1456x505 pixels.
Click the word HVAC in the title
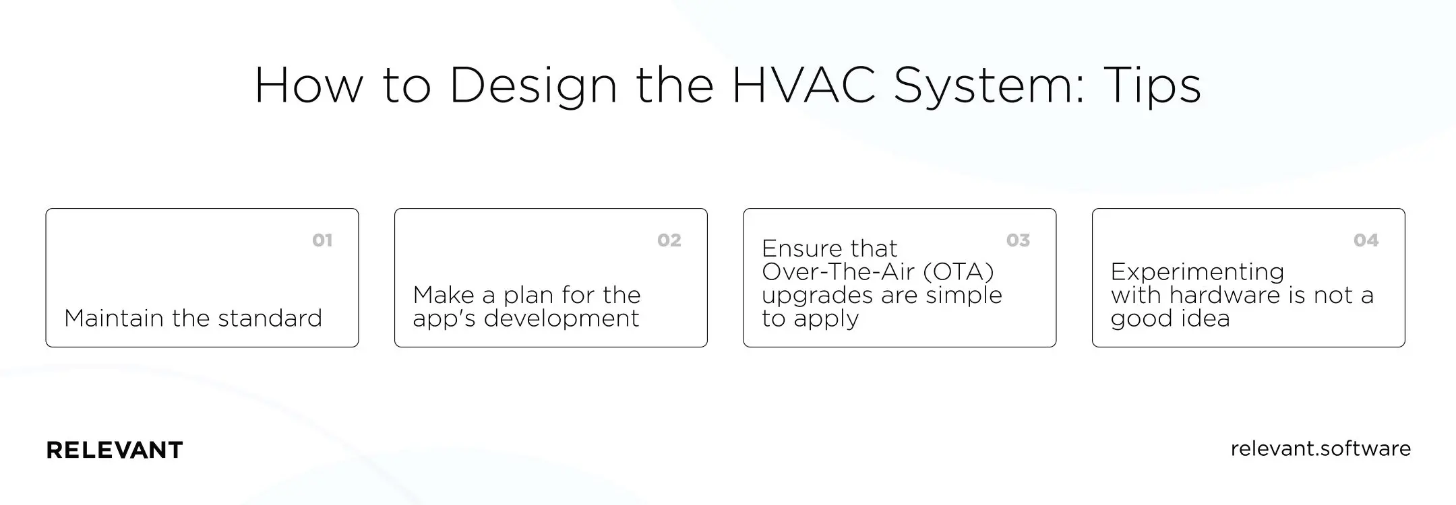pos(803,86)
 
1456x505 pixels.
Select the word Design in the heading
pos(533,86)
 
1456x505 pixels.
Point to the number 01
pos(322,240)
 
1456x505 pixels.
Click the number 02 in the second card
pos(669,240)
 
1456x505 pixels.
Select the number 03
pos(1018,240)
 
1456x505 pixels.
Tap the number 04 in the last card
pos(1366,240)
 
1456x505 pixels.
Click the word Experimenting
pos(1197,272)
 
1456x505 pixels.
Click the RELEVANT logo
pos(115,450)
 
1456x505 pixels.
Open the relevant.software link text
pos(1321,448)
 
